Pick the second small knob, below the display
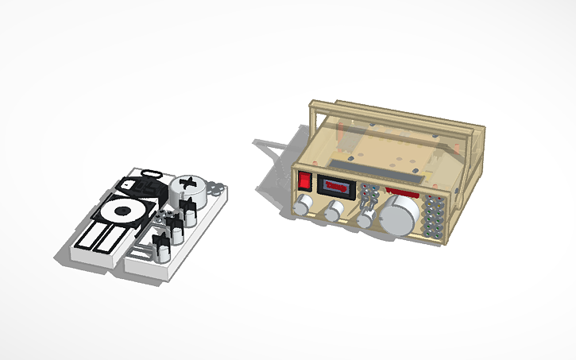(x=334, y=211)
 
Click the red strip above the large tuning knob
(x=403, y=194)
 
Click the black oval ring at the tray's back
(x=151, y=172)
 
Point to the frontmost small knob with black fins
(x=161, y=246)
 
